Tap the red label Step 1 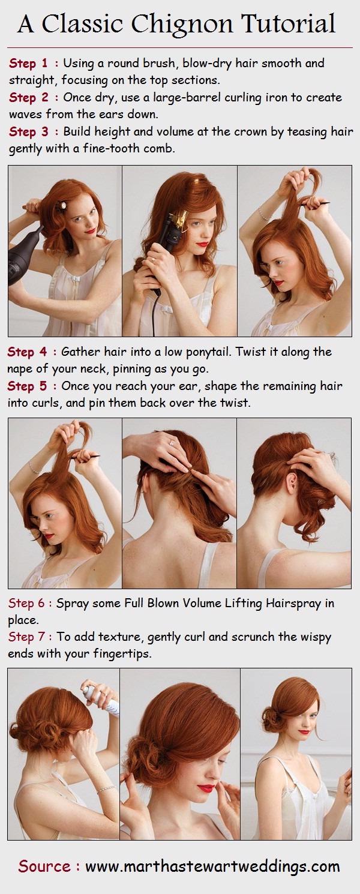pyautogui.click(x=28, y=63)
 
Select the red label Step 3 pyautogui.click(x=28, y=132)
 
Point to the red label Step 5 pyautogui.click(x=27, y=386)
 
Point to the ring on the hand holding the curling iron pyautogui.click(x=153, y=259)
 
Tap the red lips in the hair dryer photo pyautogui.click(x=91, y=230)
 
